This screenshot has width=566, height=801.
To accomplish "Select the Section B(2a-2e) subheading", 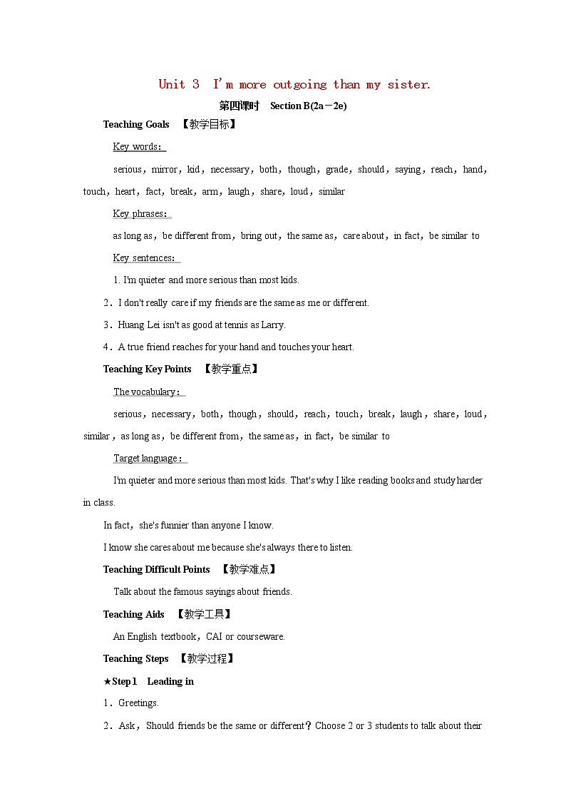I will (x=308, y=106).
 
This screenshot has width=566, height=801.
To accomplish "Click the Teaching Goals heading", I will (x=136, y=124).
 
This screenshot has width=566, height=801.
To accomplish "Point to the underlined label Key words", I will (x=138, y=147).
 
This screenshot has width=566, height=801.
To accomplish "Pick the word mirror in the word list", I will (x=165, y=169).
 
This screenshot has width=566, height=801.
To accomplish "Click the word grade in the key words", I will (x=337, y=169).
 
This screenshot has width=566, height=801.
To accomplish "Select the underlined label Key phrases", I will (x=141, y=213).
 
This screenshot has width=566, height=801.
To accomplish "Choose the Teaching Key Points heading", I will (x=148, y=369).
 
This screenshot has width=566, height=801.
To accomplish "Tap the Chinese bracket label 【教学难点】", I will (x=248, y=569).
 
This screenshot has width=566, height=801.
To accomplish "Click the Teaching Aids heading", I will (x=134, y=614).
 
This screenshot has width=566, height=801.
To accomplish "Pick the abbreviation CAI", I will (x=215, y=636).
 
